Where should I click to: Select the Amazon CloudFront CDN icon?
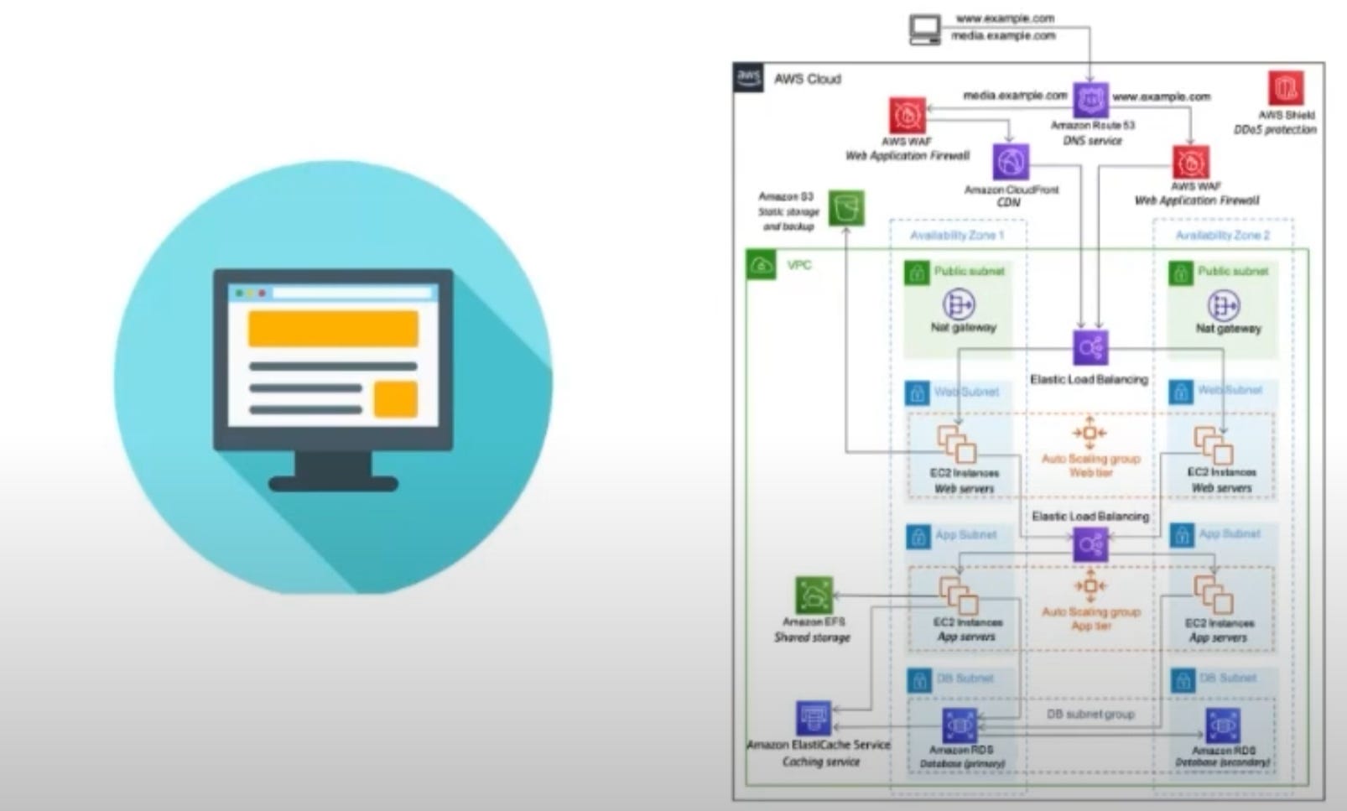[1011, 162]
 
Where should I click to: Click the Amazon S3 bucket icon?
[846, 208]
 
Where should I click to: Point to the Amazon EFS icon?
[814, 596]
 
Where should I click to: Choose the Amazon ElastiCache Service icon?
[813, 719]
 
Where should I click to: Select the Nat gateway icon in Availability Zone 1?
[960, 304]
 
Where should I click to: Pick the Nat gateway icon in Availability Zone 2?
[1223, 305]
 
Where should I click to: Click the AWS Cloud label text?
[807, 79]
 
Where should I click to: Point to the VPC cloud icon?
[762, 266]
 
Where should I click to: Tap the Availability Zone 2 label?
[1222, 236]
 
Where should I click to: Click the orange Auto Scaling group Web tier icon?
[1090, 433]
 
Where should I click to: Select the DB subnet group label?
[1090, 715]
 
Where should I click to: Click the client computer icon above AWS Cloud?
[925, 29]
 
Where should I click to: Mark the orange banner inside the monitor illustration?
[333, 329]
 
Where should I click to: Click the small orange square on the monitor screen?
[395, 398]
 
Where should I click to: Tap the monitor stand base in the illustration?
[333, 483]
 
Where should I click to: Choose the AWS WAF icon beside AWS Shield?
[1190, 163]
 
